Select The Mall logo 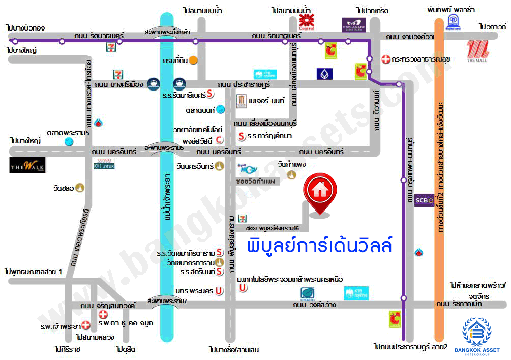coord(478,51)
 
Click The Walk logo coord(27,165)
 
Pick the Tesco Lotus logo coord(104,163)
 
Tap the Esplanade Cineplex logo coord(354,23)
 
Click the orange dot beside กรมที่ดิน coord(193,60)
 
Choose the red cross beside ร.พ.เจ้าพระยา coord(86,325)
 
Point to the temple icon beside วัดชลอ coord(81,188)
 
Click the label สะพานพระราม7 coord(167,301)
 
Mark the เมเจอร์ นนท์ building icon coord(242,101)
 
